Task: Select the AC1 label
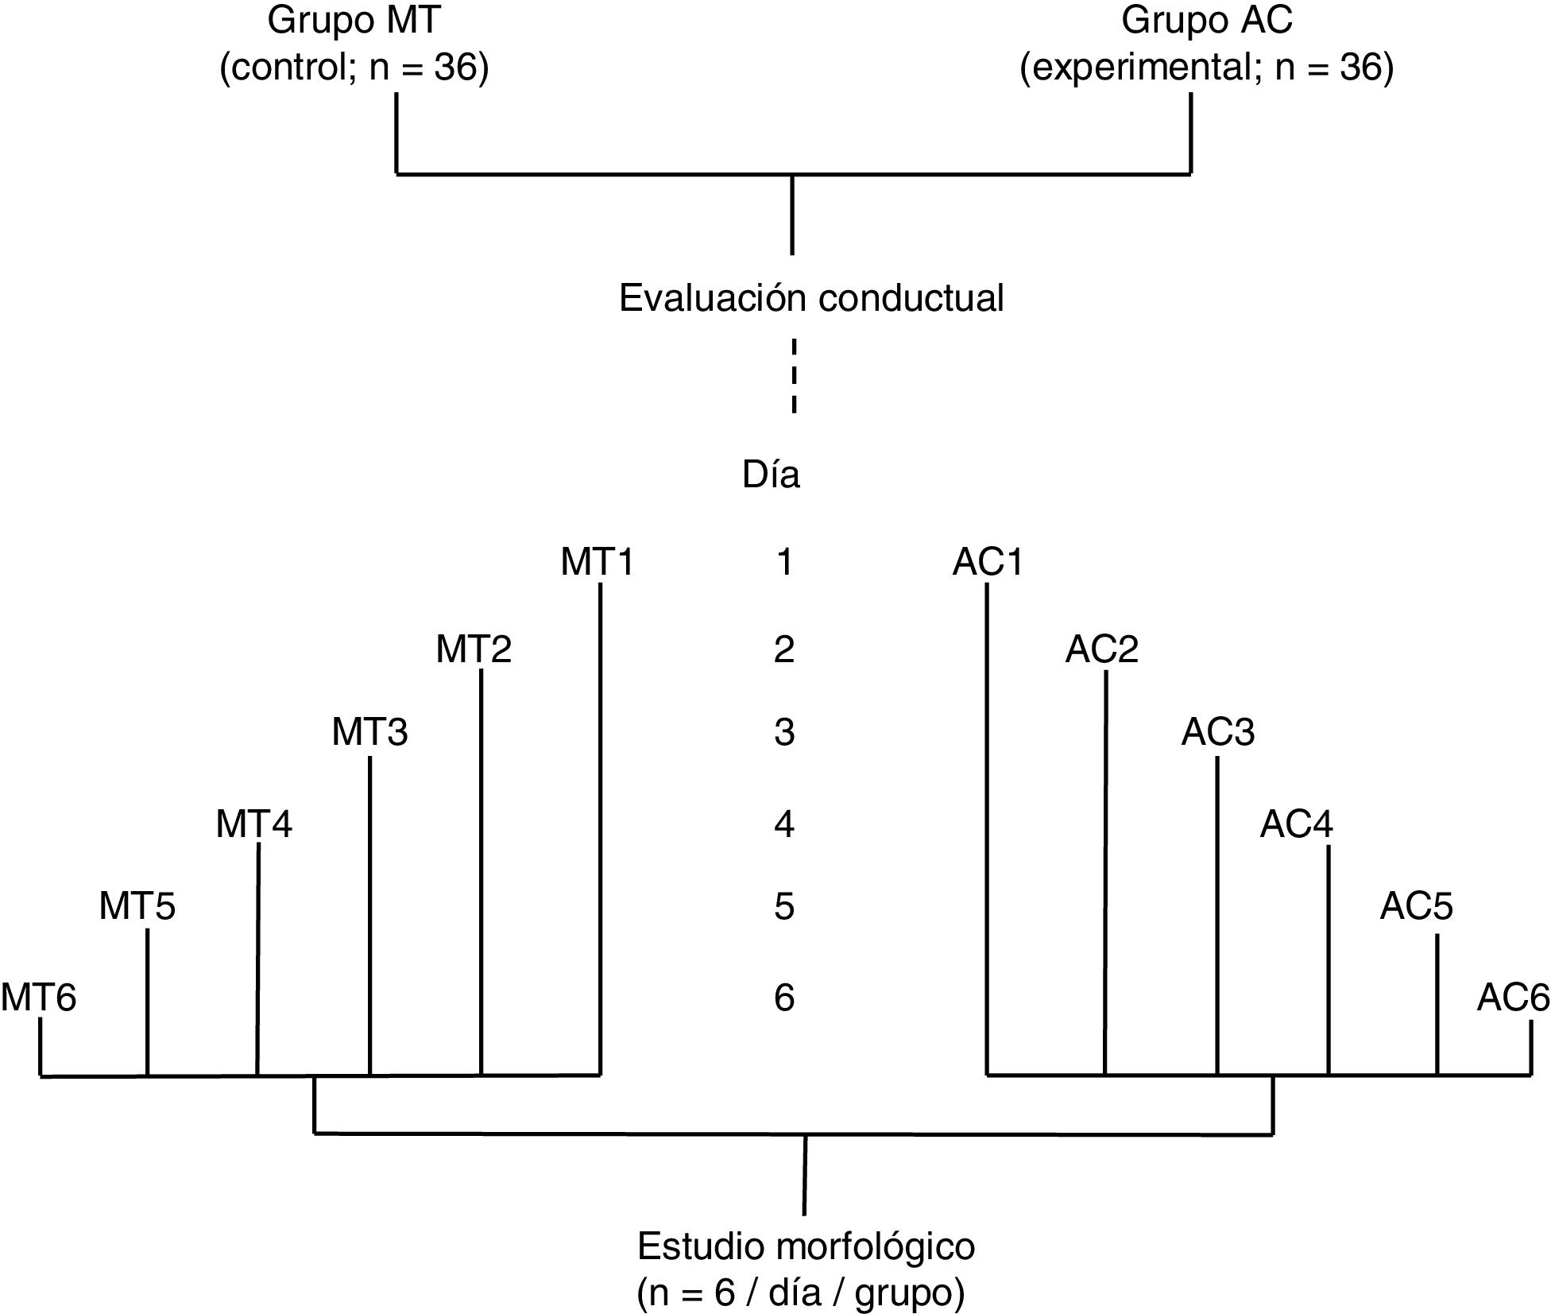[x=988, y=562]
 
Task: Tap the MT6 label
[x=38, y=997]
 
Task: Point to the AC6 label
[x=1513, y=997]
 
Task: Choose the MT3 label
[x=369, y=731]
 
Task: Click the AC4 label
[x=1296, y=824]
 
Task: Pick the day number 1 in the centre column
[x=784, y=562]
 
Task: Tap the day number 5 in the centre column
[x=784, y=906]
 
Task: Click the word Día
[x=771, y=475]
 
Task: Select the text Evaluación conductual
[x=810, y=298]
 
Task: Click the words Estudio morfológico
[x=806, y=1246]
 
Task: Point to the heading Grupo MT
[x=354, y=21]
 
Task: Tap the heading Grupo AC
[x=1206, y=21]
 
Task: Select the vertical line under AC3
[x=1217, y=914]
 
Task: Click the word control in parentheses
[x=291, y=68]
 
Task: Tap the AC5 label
[x=1416, y=906]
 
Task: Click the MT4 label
[x=253, y=824]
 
